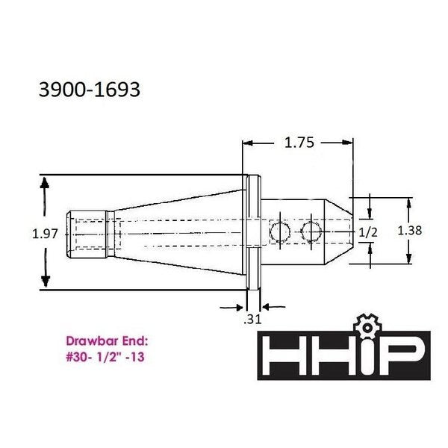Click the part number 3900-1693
coord(90,90)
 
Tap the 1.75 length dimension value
coord(299,143)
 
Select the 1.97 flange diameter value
coord(45,234)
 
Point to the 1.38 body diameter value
coord(410,230)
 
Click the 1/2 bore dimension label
coord(367,232)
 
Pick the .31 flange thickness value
coord(252,319)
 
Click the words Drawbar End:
coord(107,341)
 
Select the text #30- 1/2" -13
coord(105,357)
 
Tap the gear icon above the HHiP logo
coord(366,326)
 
